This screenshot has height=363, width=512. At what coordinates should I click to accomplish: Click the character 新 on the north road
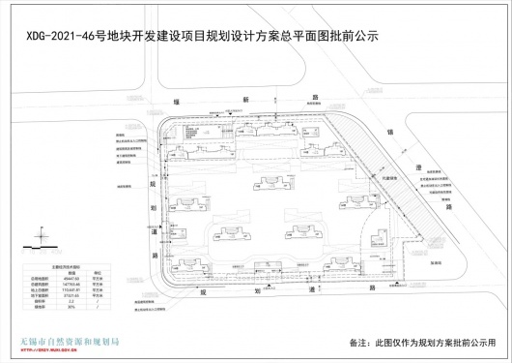(x=245, y=100)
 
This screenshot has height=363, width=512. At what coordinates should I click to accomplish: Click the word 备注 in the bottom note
(x=363, y=343)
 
